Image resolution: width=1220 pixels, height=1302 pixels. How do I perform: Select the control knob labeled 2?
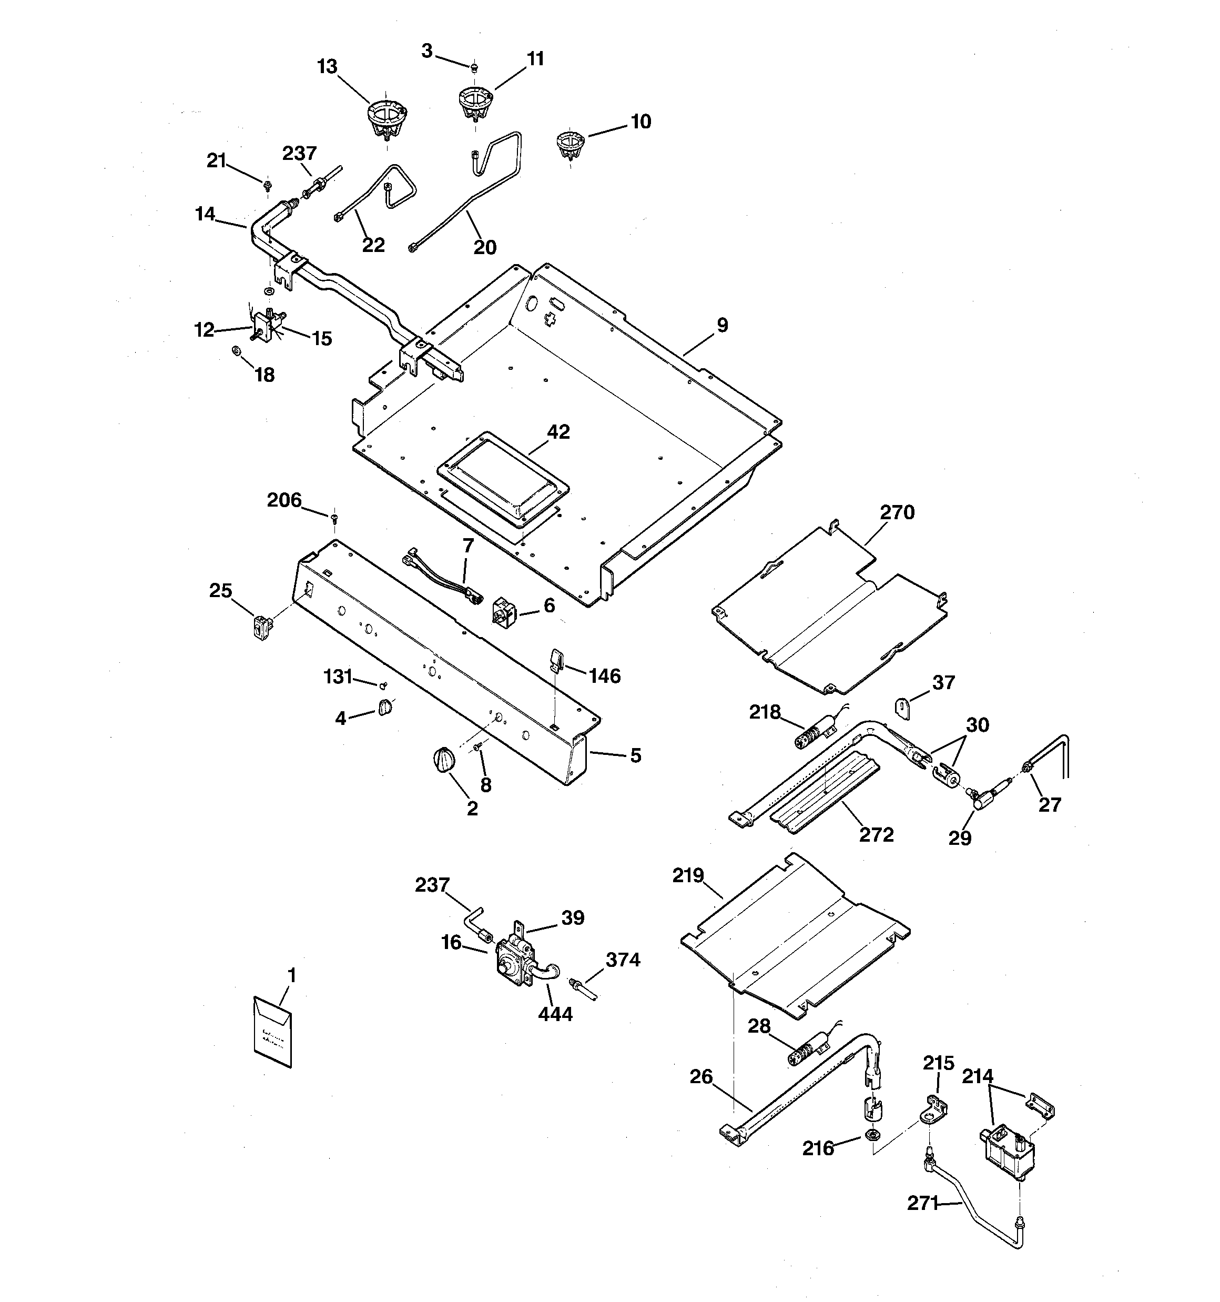tap(443, 760)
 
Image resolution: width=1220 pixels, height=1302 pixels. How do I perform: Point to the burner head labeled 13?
tap(387, 118)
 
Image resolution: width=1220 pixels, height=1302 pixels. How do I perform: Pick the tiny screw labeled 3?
tap(474, 67)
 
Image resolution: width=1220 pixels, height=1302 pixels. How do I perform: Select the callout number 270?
tap(897, 512)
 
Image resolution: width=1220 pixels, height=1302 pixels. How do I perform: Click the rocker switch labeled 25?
tap(262, 627)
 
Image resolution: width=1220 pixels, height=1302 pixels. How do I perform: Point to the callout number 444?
tap(555, 1014)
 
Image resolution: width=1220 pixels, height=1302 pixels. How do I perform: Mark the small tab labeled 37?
tap(902, 708)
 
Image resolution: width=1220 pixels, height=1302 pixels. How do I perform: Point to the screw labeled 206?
tap(334, 518)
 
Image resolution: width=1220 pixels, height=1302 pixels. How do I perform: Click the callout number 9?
tap(721, 325)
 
